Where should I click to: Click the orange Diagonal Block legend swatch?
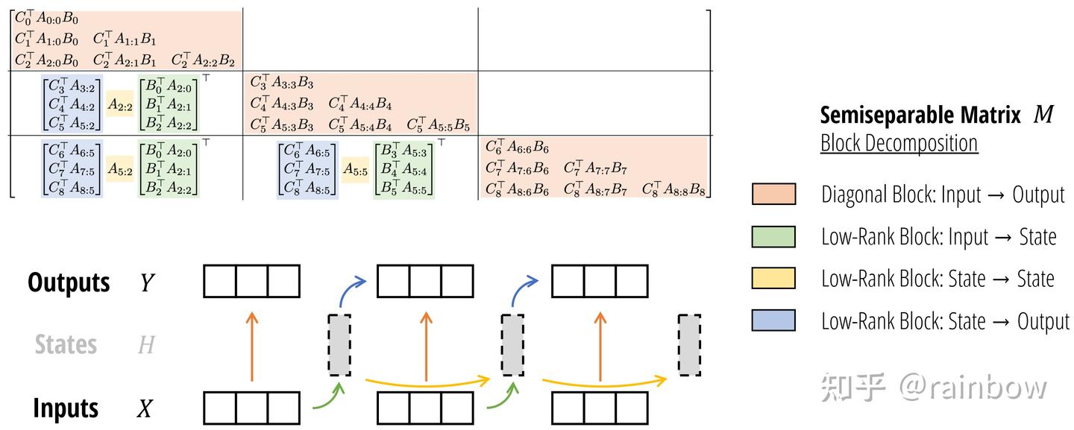[x=773, y=194]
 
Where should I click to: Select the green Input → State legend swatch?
[x=773, y=236]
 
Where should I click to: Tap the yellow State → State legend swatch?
[x=773, y=278]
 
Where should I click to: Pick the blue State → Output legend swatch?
[x=773, y=320]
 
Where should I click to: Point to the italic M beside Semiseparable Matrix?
[x=1043, y=114]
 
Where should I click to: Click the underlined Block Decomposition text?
[x=899, y=142]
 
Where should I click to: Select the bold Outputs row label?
[x=69, y=282]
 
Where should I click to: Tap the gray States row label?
[x=66, y=344]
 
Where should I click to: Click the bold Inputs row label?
[x=66, y=408]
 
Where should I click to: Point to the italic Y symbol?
[x=147, y=282]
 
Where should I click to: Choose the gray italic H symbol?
[x=147, y=345]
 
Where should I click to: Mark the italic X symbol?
[x=145, y=408]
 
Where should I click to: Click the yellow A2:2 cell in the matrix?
[x=120, y=104]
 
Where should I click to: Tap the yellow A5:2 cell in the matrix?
[x=120, y=168]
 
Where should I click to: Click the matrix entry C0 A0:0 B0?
[x=46, y=18]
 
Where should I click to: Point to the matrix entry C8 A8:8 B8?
[x=673, y=189]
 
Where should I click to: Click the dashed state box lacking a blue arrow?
[x=689, y=345]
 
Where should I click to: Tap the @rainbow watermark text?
[x=973, y=387]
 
